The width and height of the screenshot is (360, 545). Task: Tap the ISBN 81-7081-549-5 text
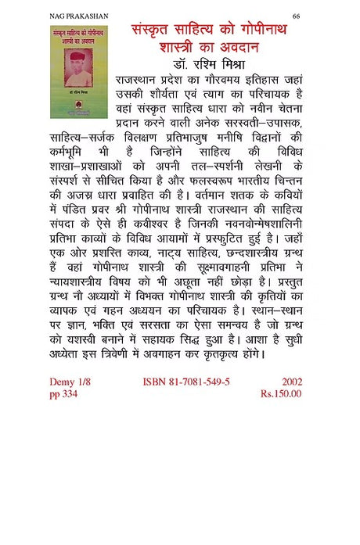[186, 382]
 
